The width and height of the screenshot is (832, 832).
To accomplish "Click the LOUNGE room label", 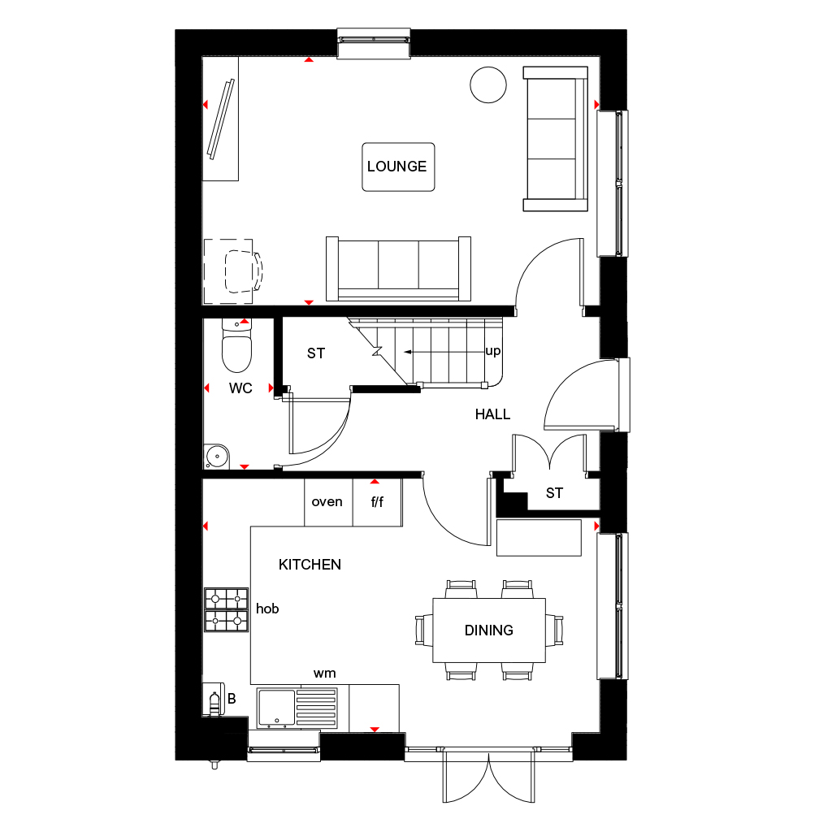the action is [x=396, y=167].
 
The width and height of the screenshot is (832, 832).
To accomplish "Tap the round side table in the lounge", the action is [x=488, y=84].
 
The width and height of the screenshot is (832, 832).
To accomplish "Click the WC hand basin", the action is [x=216, y=457].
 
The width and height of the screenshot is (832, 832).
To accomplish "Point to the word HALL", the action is [x=492, y=414].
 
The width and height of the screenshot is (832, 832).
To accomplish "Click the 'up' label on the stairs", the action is [x=493, y=351].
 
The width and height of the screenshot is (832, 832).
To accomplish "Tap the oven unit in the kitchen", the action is [x=328, y=502].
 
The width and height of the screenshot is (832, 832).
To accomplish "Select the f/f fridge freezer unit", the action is [x=377, y=502].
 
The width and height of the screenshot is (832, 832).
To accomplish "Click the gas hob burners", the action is [x=227, y=609].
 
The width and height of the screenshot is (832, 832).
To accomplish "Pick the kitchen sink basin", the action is [x=276, y=708].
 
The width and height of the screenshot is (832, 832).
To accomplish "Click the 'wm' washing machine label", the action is [x=325, y=674].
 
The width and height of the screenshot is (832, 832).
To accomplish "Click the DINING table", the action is [x=488, y=630].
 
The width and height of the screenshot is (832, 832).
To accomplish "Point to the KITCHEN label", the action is [x=310, y=565].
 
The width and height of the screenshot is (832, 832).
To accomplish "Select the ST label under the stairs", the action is [x=316, y=353].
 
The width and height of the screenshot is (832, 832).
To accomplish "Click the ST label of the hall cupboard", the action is [x=554, y=493].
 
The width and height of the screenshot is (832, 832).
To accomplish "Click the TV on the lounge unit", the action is [x=221, y=119].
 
